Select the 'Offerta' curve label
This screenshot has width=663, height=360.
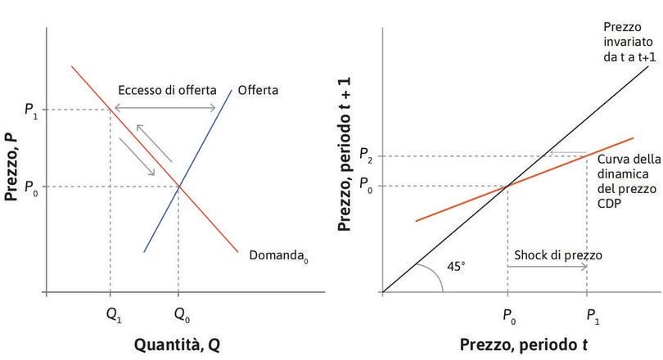click(x=258, y=90)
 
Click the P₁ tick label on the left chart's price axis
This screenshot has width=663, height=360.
click(x=30, y=110)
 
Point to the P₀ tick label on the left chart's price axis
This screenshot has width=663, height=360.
click(x=30, y=187)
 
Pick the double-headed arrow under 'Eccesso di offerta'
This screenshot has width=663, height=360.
click(x=164, y=109)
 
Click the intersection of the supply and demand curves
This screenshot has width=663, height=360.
click(x=179, y=187)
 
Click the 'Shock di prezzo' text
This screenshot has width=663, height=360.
click(x=557, y=254)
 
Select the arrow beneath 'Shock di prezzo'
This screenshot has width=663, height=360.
click(x=547, y=272)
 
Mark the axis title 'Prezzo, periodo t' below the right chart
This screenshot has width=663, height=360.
click(x=524, y=344)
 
